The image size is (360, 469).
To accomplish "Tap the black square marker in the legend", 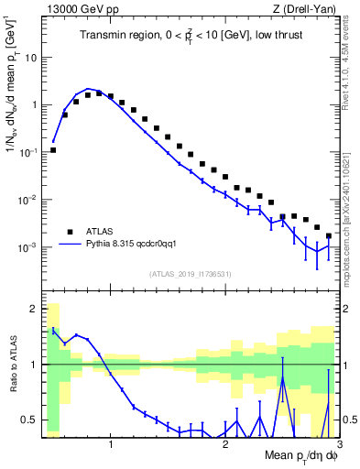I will click(70, 231).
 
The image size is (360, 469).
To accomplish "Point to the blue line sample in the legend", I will click(70, 245).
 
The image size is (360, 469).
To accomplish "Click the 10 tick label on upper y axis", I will click(31, 57).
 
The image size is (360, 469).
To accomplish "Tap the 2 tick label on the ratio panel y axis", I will click(33, 308).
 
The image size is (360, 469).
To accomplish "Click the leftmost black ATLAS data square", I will click(53, 149).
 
